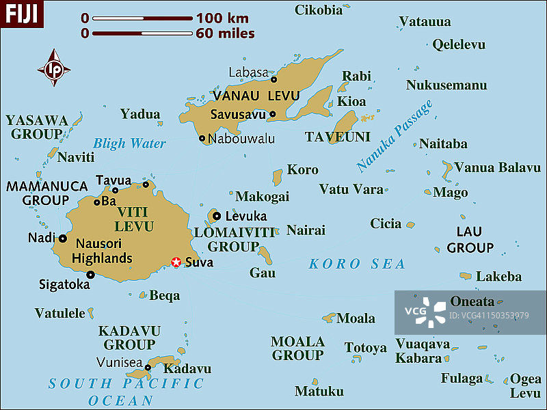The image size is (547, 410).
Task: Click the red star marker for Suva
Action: coord(176,262)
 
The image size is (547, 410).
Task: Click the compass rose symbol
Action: coord(53,68)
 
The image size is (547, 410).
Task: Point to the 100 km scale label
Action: coord(222,18)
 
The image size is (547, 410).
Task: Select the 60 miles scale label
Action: coord(225,33)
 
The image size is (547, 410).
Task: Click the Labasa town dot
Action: coord(274,79)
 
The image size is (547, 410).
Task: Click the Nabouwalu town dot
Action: coord(202,139)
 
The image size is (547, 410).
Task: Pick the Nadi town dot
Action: coord(62,238)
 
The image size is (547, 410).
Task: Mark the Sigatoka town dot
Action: coord(90,275)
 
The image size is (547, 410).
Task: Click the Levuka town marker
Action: coord(217,216)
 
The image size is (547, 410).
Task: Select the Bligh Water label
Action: coord(129,143)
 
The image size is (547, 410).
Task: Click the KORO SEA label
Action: coord(357,264)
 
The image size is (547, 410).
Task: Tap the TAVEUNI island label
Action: coord(337,137)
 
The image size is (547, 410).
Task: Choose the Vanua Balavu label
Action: coord(497,167)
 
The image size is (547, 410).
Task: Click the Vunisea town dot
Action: coord(148,367)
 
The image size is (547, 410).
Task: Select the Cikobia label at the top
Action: coord(319,10)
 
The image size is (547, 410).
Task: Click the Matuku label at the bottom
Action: coord(319,392)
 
